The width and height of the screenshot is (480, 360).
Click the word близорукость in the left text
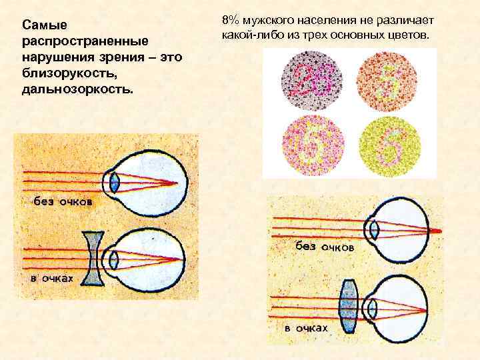[57, 73]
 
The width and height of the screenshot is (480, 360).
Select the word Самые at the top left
[44, 25]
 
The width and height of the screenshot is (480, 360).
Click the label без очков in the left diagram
[63, 200]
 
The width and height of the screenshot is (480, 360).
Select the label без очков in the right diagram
[325, 246]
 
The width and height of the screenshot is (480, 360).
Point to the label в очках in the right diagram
[306, 328]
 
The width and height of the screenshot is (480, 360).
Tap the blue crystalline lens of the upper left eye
[115, 183]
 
